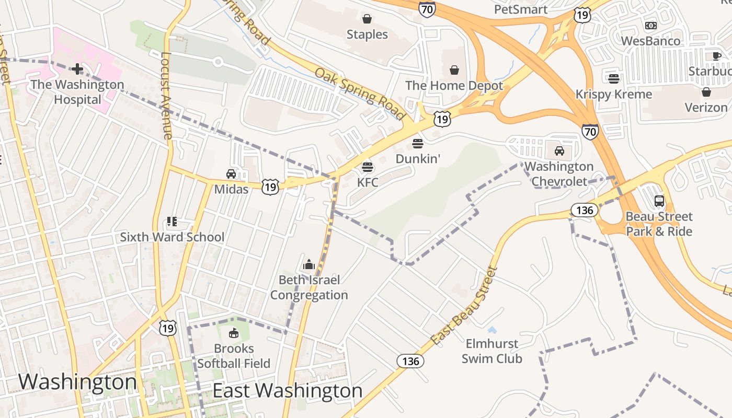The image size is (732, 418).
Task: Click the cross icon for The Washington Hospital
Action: click(77, 68)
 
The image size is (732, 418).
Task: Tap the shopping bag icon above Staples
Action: click(367, 19)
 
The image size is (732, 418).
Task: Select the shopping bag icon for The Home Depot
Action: click(454, 70)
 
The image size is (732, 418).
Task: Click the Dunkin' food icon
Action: click(417, 143)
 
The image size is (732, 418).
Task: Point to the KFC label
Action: click(368, 182)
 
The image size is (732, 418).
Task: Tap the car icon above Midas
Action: click(231, 174)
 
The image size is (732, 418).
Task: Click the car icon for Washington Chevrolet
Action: click(559, 151)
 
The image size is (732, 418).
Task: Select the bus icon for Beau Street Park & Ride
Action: click(659, 201)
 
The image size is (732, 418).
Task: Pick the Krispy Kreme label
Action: click(614, 94)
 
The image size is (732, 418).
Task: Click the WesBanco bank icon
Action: click(650, 25)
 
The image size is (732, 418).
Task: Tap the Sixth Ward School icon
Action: click(172, 222)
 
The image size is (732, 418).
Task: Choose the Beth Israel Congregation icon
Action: click(309, 264)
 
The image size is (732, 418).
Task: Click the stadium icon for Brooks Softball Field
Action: click(234, 333)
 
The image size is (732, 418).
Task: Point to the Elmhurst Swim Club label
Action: click(491, 351)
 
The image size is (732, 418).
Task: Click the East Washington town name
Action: click(287, 391)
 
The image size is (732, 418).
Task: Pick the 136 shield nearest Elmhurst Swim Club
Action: click(410, 361)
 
